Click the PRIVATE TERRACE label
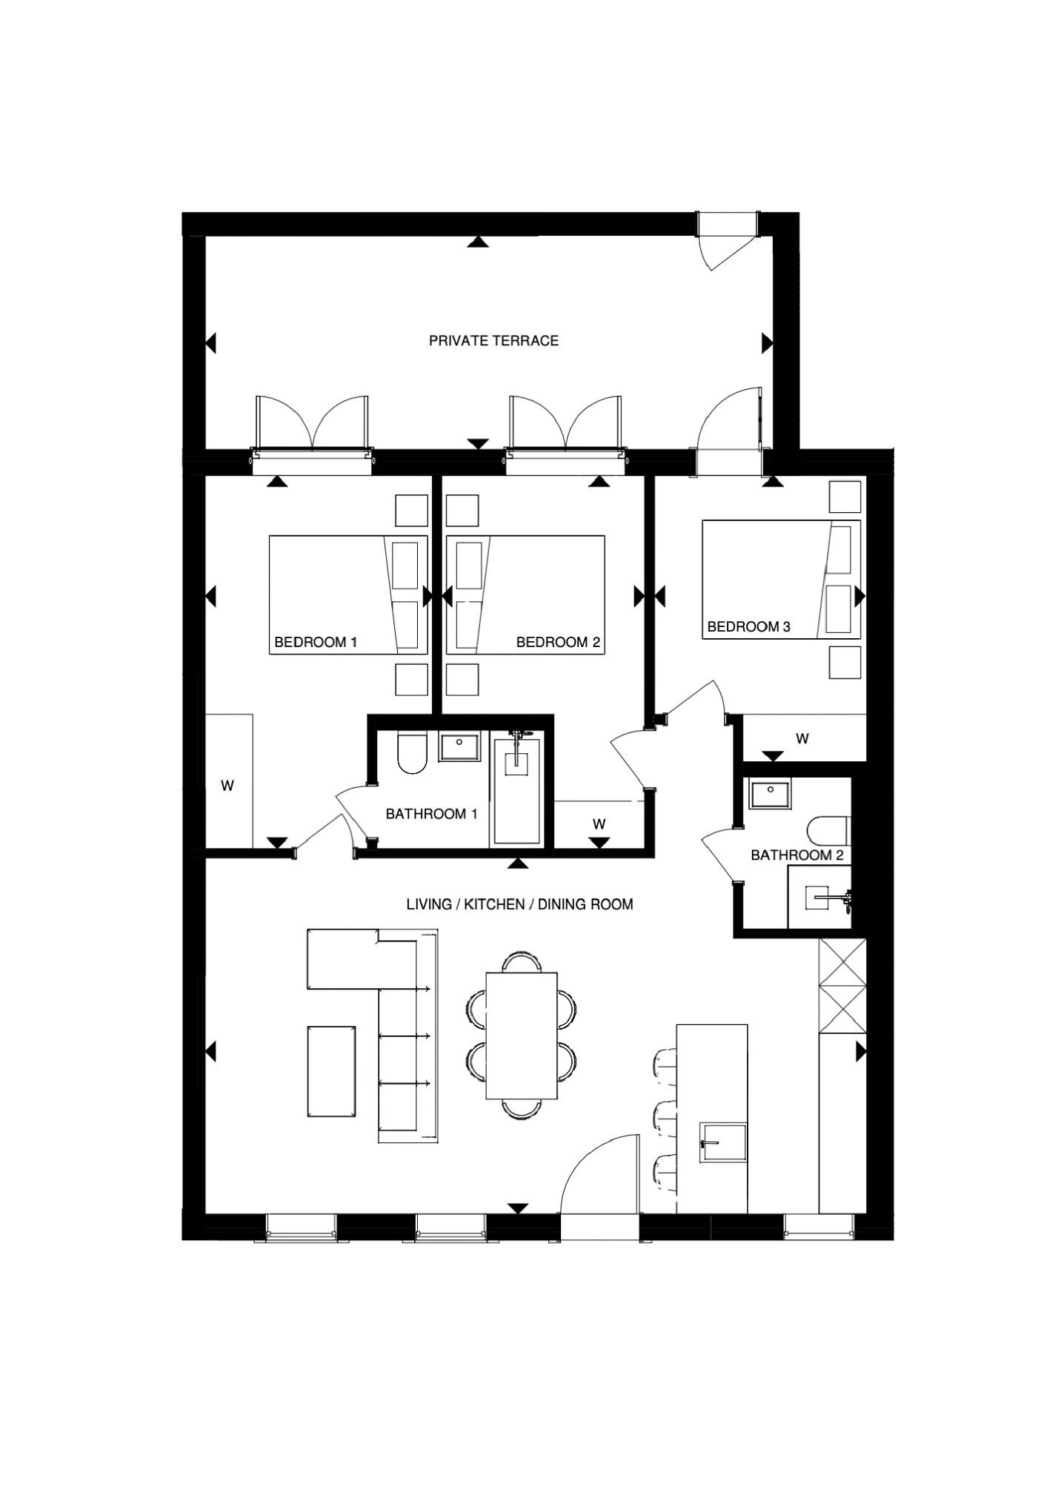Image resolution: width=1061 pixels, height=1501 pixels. (493, 341)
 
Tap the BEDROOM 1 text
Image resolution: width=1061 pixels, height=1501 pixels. (316, 642)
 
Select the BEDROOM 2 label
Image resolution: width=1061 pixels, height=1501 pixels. (558, 642)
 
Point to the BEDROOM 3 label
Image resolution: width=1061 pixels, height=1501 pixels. (748, 626)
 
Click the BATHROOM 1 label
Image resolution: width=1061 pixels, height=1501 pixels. (431, 814)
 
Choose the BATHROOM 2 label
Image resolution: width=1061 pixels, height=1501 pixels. (797, 855)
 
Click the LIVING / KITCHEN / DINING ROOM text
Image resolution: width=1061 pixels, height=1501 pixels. (519, 904)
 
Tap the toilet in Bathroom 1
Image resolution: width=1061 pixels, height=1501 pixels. (413, 752)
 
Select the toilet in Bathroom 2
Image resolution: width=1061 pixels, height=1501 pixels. (831, 831)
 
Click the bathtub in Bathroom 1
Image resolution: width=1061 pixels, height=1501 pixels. (516, 789)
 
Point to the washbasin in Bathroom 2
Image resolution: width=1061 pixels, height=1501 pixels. (770, 794)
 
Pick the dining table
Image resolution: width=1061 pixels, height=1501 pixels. (521, 1036)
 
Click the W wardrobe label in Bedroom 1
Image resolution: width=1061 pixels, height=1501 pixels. (227, 786)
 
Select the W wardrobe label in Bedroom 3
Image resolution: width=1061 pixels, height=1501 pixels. (802, 738)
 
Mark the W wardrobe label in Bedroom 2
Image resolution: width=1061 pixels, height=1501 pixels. (599, 824)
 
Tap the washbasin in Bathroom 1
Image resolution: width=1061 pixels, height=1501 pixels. (460, 746)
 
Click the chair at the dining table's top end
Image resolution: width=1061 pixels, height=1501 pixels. (521, 963)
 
